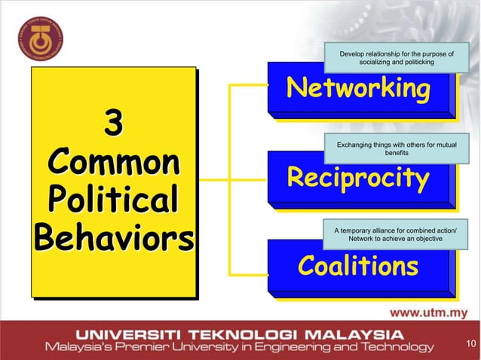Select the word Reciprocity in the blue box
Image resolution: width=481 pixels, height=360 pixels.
coord(358,178)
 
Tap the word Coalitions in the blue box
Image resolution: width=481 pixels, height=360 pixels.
coord(358,266)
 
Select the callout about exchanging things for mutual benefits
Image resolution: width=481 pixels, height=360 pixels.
coord(397,148)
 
